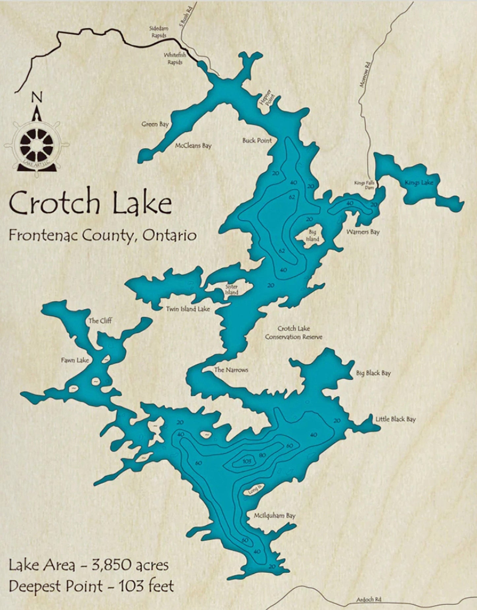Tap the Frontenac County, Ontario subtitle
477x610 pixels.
click(x=103, y=235)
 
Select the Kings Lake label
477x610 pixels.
click(x=419, y=182)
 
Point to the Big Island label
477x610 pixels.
click(x=312, y=235)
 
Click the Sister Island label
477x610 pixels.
click(x=232, y=289)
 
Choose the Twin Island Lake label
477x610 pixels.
click(x=187, y=309)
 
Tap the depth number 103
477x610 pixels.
click(x=247, y=461)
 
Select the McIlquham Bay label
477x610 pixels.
click(x=274, y=516)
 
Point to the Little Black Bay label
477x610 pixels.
click(x=395, y=419)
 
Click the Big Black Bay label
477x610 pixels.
click(x=373, y=373)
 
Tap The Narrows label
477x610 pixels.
click(x=231, y=370)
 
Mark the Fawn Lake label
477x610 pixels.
click(x=75, y=360)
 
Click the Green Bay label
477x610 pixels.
click(x=155, y=124)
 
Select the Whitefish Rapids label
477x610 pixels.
click(x=175, y=59)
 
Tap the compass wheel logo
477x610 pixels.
click(x=36, y=144)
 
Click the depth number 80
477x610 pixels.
click(x=262, y=455)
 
